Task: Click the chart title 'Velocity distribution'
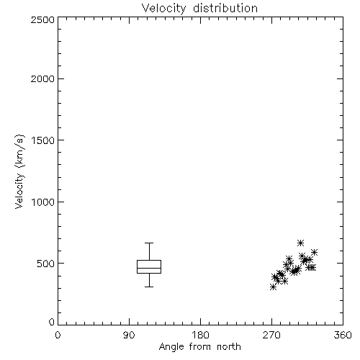pyautogui.click(x=199, y=9)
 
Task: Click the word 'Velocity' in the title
pyautogui.click(x=163, y=9)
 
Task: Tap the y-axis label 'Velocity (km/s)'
pyautogui.click(x=19, y=171)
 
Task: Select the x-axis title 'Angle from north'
pyautogui.click(x=199, y=346)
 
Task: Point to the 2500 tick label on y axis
pyautogui.click(x=42, y=19)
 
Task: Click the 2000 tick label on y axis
pyautogui.click(x=42, y=78)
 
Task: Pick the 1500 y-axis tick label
pyautogui.click(x=43, y=140)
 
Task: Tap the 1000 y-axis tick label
pyautogui.click(x=43, y=202)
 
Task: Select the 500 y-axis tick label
pyautogui.click(x=46, y=264)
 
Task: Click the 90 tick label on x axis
pyautogui.click(x=129, y=335)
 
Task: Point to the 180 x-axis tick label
pyautogui.click(x=200, y=335)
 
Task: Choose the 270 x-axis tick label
pyautogui.click(x=271, y=335)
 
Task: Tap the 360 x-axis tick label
pyautogui.click(x=343, y=335)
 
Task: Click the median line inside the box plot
pyautogui.click(x=149, y=268)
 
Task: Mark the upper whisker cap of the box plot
pyautogui.click(x=149, y=243)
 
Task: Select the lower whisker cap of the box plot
pyautogui.click(x=149, y=287)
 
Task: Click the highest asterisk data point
pyautogui.click(x=300, y=243)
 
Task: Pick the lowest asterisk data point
pyautogui.click(x=273, y=287)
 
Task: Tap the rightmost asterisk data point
pyautogui.click(x=315, y=252)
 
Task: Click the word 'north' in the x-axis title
pyautogui.click(x=229, y=346)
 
